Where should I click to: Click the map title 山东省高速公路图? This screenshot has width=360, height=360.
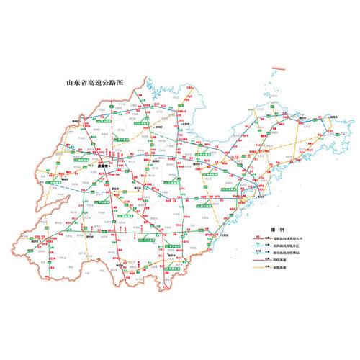point(95,82)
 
